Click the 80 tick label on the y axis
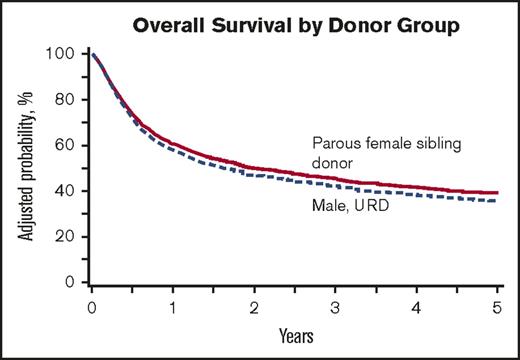66,99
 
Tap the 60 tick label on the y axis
66,145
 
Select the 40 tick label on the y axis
66,191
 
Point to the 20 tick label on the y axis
66,237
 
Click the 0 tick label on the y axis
70,283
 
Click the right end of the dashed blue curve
498,201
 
